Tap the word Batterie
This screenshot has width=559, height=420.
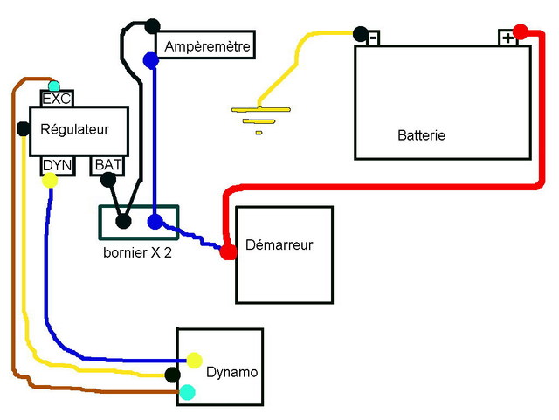421,135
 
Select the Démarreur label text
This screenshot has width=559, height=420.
279,244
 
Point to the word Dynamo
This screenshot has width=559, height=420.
231,372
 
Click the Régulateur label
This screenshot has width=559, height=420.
75,129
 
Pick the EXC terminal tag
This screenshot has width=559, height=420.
56,98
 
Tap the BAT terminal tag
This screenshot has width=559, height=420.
108,164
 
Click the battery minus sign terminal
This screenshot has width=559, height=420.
373,38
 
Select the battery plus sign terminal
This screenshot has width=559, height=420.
507,38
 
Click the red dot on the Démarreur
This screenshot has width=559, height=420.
228,252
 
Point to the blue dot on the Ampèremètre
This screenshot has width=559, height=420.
150,60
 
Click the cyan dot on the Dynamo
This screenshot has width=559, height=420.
186,393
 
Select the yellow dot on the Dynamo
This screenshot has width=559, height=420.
194,359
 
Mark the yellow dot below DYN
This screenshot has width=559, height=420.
50,181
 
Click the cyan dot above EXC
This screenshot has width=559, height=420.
54,86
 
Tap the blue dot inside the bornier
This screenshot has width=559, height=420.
155,222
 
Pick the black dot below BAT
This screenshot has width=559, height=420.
107,181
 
